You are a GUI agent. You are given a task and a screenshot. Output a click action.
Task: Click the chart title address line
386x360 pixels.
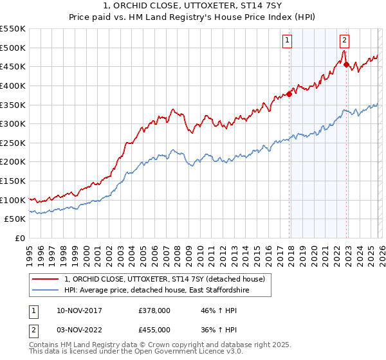tap(192, 6)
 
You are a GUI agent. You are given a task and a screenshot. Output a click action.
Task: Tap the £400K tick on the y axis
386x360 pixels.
tap(13, 85)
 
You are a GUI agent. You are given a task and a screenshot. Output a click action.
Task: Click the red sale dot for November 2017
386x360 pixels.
tap(289, 94)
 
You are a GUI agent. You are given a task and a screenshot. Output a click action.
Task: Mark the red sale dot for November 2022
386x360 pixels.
tap(346, 64)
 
